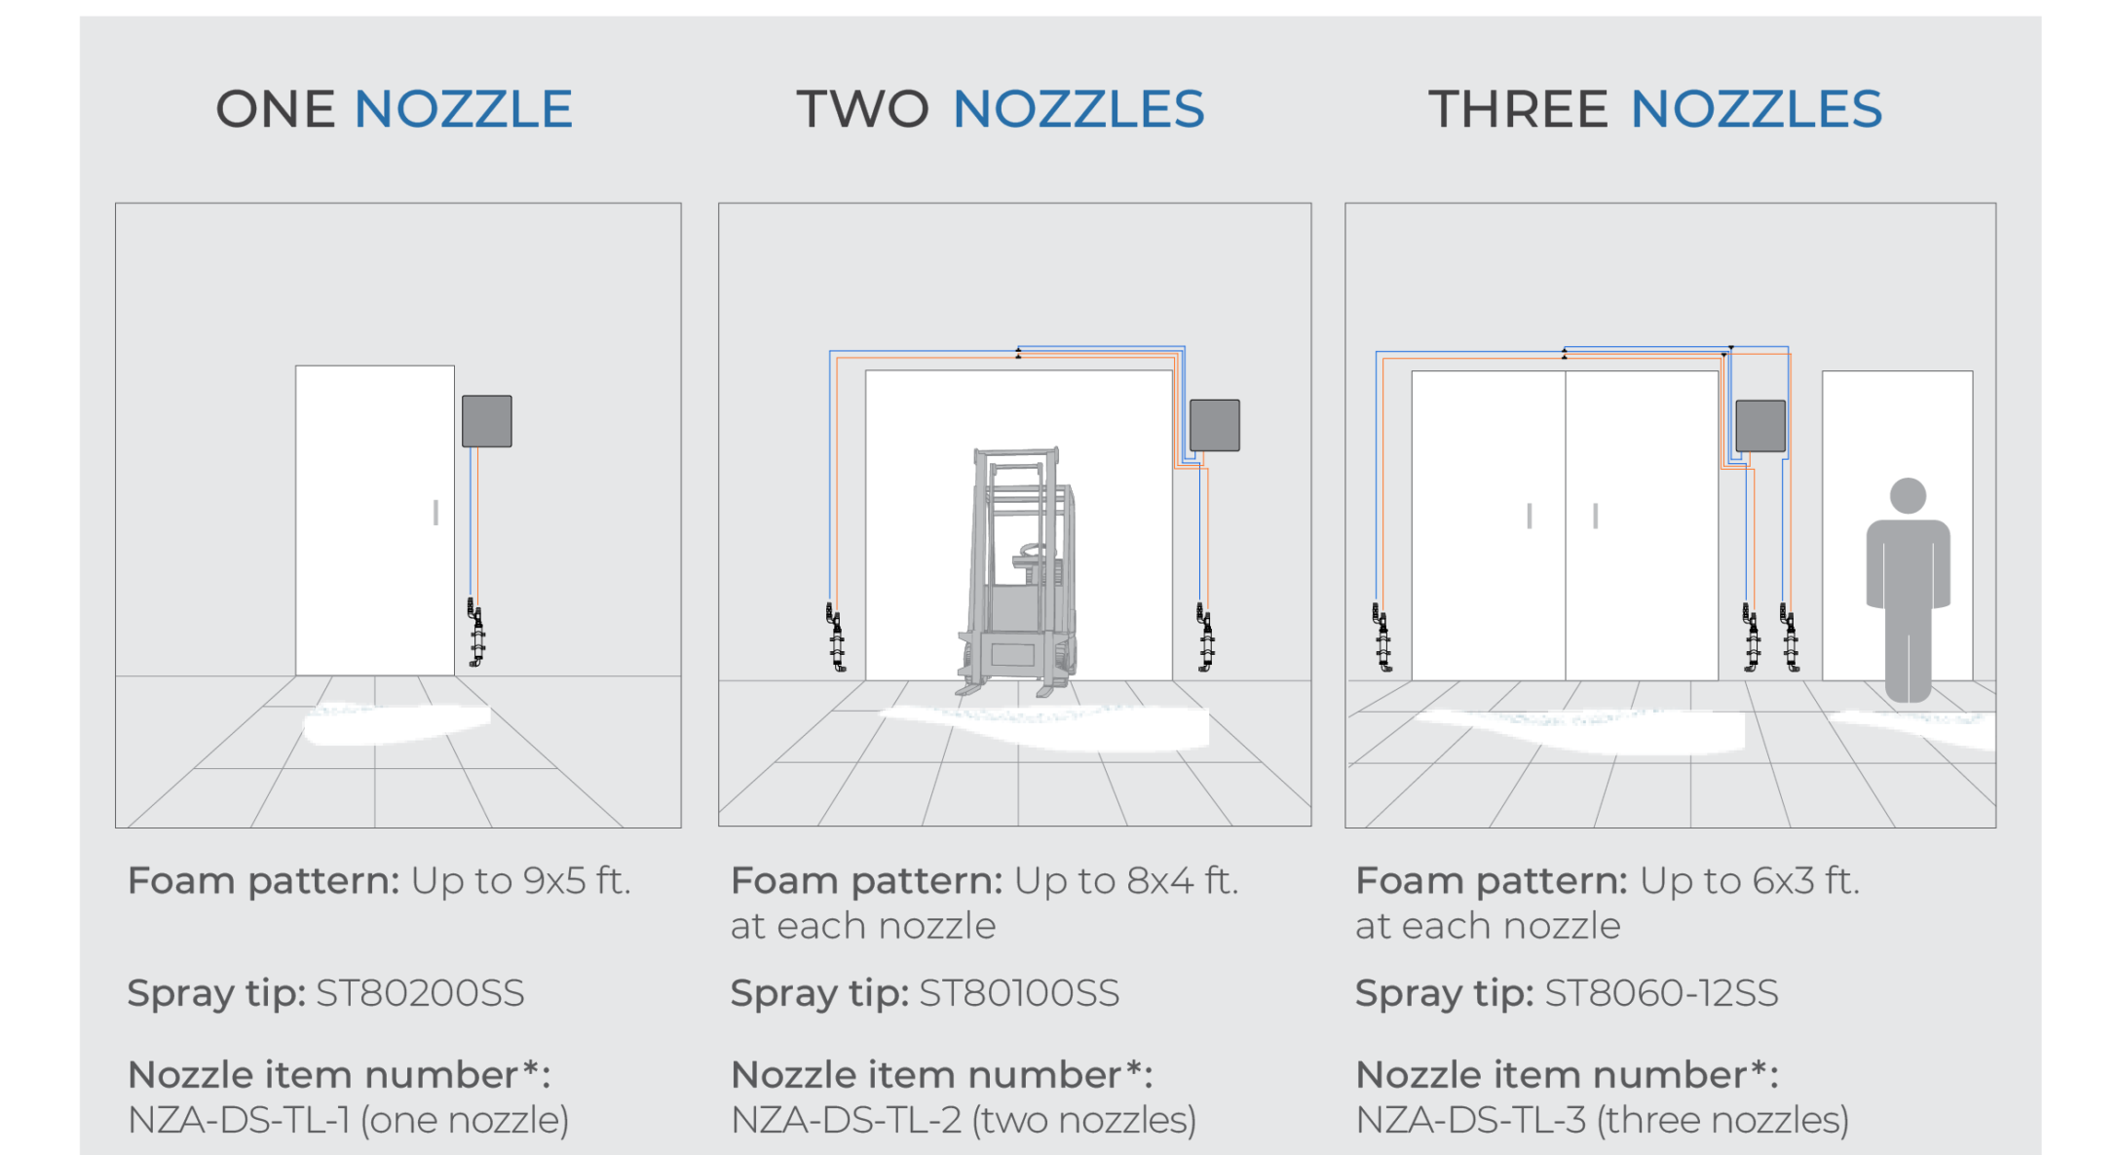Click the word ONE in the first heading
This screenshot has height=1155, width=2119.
coord(276,108)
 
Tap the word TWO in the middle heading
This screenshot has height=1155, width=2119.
coord(863,108)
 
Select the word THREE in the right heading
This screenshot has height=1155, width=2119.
coord(1518,108)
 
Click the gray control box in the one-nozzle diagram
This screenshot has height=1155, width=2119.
coord(487,421)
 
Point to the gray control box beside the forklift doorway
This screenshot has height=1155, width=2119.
coord(1215,425)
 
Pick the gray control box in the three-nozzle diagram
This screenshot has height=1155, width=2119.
coord(1760,426)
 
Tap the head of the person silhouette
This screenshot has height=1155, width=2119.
coord(1908,495)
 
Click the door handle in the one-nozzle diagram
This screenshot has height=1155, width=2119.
coord(435,512)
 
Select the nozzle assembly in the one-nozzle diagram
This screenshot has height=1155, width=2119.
coord(475,633)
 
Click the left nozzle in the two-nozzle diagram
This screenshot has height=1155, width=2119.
coord(836,637)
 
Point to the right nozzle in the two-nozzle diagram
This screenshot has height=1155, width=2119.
coord(1205,637)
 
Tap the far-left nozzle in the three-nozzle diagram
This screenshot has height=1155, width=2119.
coord(1381,637)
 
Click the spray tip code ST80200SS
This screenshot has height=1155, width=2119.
coord(421,993)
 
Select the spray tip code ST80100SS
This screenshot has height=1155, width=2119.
coord(1020,993)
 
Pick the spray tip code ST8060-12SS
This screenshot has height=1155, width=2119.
coord(1662,993)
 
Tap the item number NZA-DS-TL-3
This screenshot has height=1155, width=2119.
coord(1471,1120)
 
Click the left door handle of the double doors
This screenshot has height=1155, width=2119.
coord(1530,516)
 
